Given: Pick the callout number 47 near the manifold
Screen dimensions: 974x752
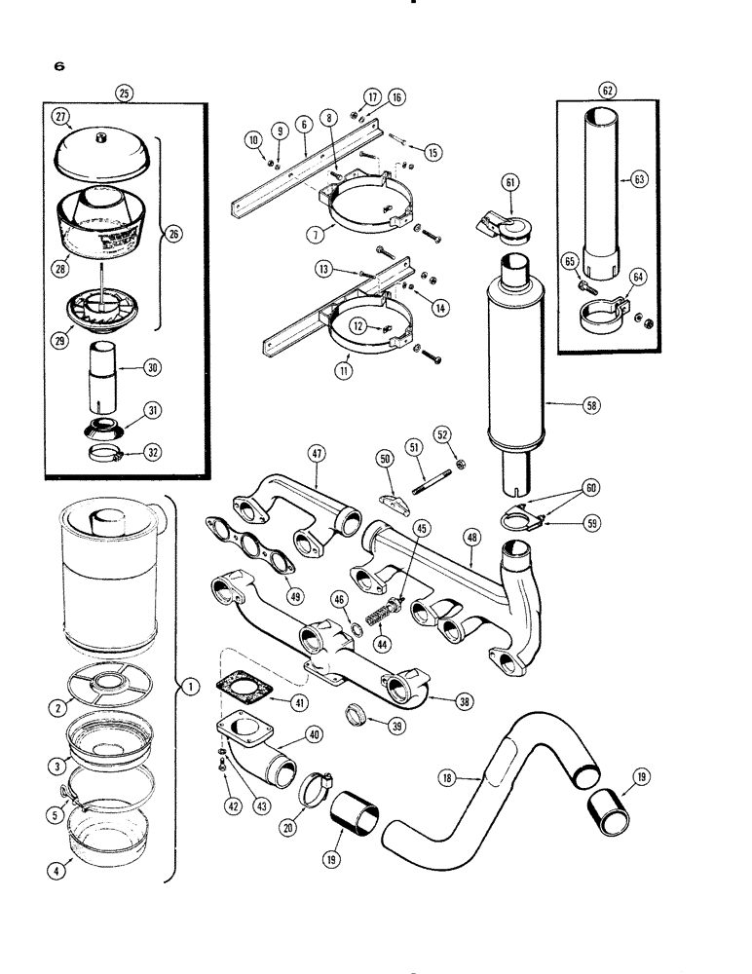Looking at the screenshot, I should tap(317, 453).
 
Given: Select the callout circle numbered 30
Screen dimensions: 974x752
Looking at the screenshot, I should tap(152, 367).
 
